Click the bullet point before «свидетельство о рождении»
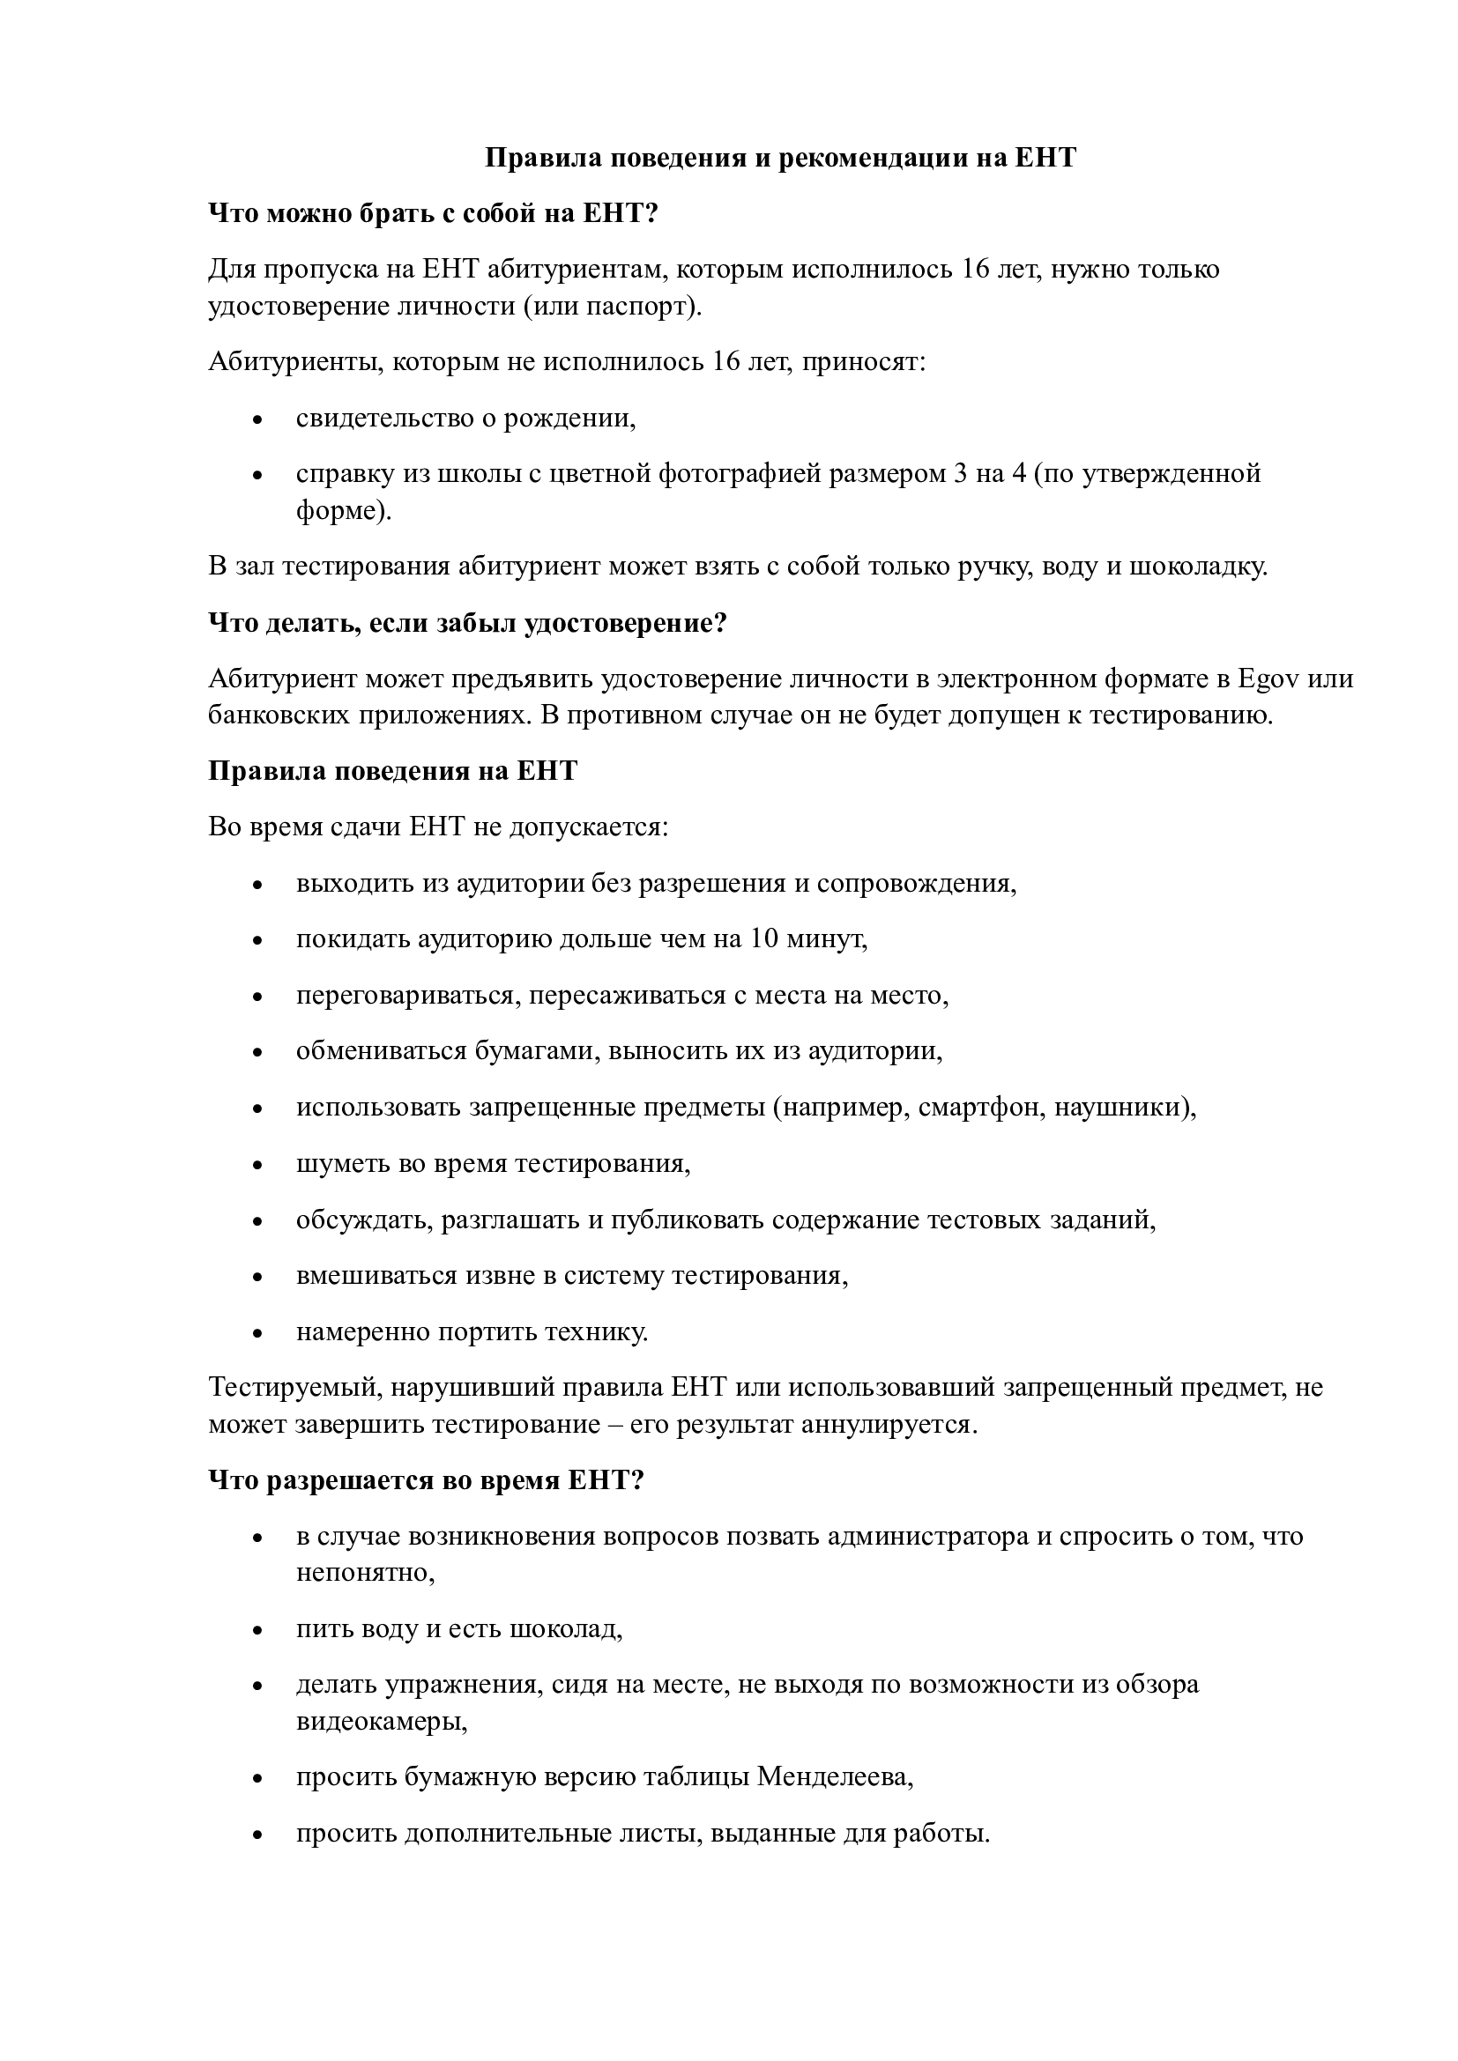[x=258, y=419]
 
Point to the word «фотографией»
[x=740, y=473]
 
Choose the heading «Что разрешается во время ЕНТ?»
[x=427, y=1480]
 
